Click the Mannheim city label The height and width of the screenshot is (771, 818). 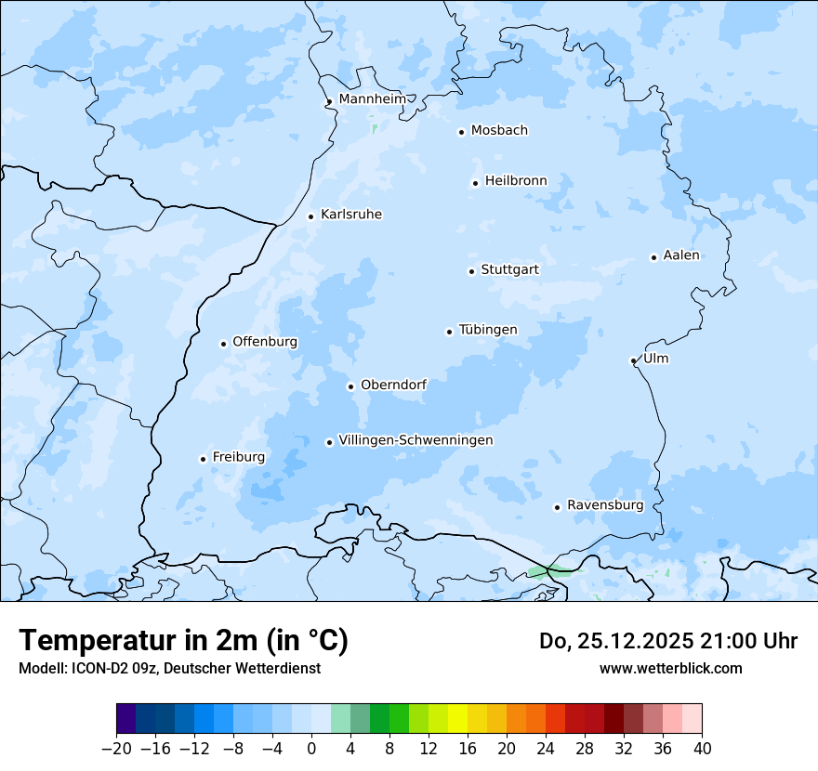tap(372, 98)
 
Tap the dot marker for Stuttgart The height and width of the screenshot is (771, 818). tap(471, 271)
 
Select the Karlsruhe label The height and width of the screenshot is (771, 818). tap(350, 215)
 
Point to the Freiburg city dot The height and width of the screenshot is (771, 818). tap(203, 459)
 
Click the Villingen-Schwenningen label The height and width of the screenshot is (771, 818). tap(416, 440)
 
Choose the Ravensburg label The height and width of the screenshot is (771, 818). tap(604, 505)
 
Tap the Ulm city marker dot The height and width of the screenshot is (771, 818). tap(633, 360)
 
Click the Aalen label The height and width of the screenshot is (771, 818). tap(680, 255)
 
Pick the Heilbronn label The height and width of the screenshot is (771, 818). tap(516, 181)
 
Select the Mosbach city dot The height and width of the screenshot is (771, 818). tap(461, 132)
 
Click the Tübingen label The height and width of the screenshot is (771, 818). tap(487, 330)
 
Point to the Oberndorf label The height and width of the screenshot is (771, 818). tap(393, 385)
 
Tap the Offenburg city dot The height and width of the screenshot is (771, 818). tap(223, 344)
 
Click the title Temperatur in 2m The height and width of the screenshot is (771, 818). tap(183, 640)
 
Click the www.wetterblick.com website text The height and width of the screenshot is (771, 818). tap(670, 668)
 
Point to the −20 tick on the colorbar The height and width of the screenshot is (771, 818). tap(117, 748)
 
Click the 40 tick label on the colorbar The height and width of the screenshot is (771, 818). tap(702, 748)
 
